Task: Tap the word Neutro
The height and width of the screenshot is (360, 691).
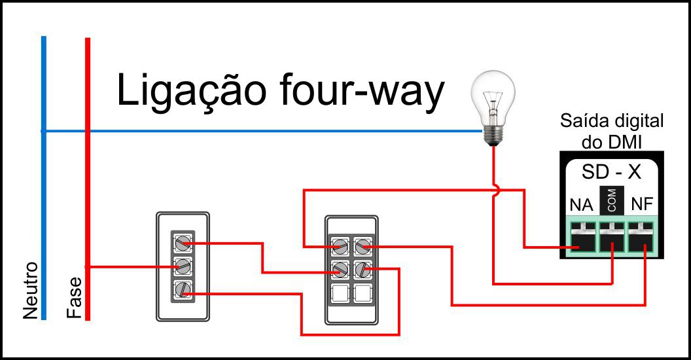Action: tap(31, 291)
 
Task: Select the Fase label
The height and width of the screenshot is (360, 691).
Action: tap(75, 298)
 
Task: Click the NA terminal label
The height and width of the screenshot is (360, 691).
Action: tap(581, 205)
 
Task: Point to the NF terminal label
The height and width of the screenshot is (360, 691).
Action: tap(640, 205)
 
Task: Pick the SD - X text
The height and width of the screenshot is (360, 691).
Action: tap(612, 173)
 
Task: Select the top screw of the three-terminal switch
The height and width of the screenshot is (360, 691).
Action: tap(183, 243)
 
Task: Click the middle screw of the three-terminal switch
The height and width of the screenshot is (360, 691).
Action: tap(183, 266)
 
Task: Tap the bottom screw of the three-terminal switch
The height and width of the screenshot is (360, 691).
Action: tap(183, 289)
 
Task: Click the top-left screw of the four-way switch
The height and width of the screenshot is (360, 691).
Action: tap(339, 247)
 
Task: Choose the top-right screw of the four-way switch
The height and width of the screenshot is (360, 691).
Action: tap(362, 247)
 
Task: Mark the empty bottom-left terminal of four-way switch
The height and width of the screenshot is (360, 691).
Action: tap(339, 293)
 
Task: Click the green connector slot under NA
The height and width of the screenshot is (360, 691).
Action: tap(581, 238)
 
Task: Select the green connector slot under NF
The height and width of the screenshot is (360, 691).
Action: tap(642, 238)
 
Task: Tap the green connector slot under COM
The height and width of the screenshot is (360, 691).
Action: tap(612, 238)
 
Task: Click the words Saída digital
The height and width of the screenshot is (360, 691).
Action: tap(612, 121)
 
